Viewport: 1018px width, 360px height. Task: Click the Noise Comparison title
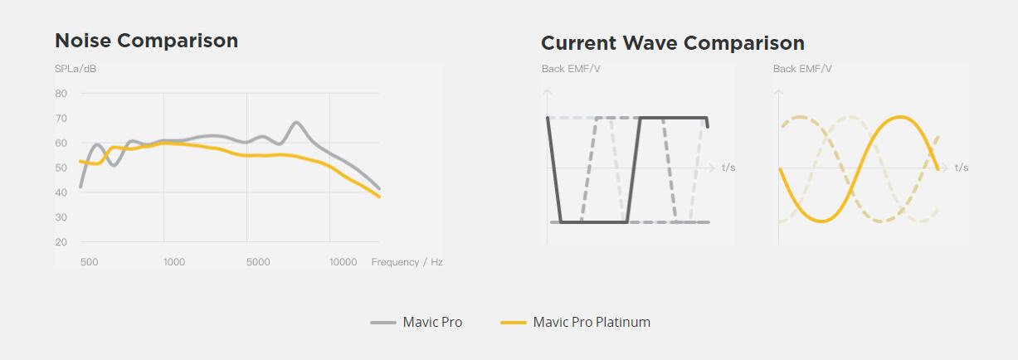click(146, 41)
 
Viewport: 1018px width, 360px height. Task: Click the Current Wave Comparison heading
click(673, 43)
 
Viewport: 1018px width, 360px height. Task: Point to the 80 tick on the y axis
click(61, 94)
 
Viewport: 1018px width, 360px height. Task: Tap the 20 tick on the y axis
click(61, 242)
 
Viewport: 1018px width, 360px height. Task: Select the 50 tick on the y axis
click(61, 168)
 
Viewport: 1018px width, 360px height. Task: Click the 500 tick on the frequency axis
click(89, 262)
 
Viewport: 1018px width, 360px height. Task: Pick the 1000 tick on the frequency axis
click(174, 262)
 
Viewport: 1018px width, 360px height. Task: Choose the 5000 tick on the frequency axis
click(258, 262)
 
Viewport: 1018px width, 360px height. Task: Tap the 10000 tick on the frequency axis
click(343, 262)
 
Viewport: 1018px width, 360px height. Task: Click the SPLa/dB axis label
click(75, 69)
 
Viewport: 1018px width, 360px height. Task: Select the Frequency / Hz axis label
click(407, 262)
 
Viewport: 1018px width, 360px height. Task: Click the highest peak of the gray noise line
click(296, 122)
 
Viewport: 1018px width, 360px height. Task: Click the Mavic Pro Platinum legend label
click(592, 322)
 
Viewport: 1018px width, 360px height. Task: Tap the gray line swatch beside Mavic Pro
click(383, 323)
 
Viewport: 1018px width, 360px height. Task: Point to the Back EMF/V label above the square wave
click(571, 69)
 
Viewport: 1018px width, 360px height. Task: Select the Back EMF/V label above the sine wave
click(802, 69)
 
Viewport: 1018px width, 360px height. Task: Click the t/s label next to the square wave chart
click(728, 168)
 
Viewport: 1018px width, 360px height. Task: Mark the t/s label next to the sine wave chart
click(962, 168)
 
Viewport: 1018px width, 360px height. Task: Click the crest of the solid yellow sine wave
click(900, 117)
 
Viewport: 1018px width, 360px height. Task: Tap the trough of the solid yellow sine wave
click(821, 221)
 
